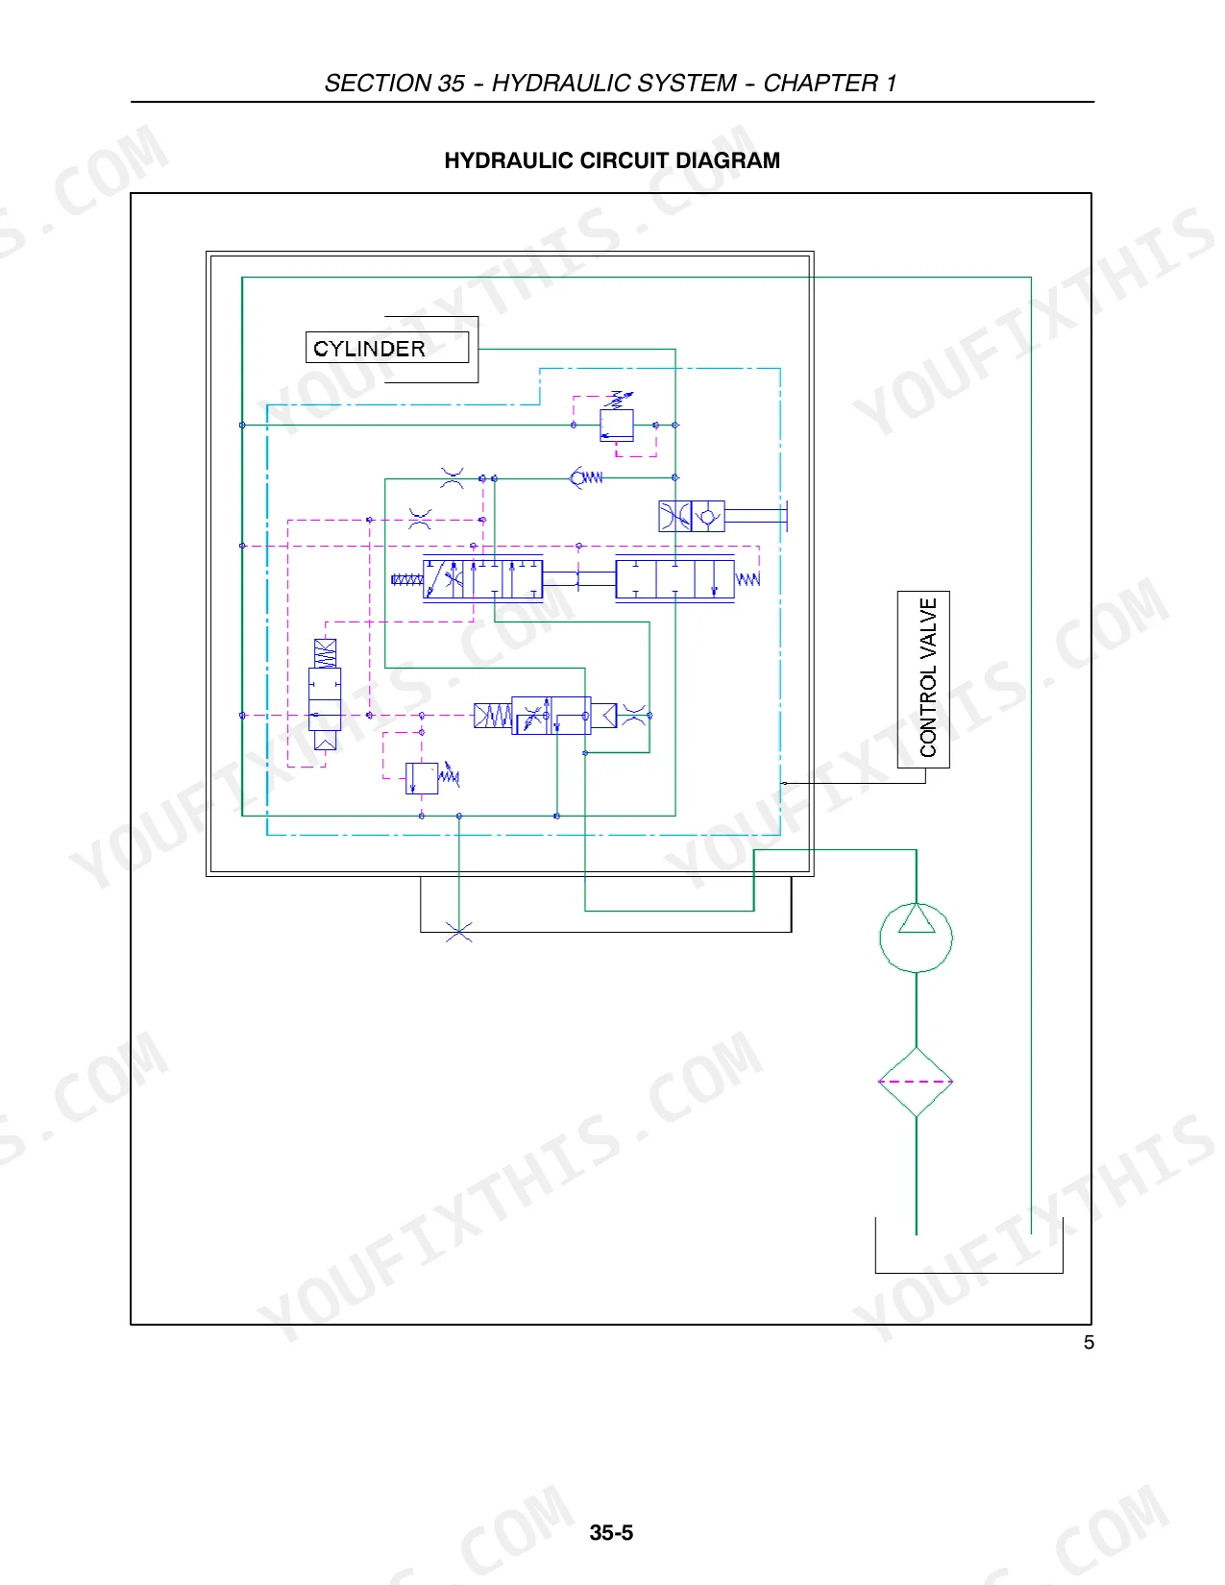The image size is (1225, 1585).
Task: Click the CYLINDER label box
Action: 386,347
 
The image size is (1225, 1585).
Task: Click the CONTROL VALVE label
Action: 927,677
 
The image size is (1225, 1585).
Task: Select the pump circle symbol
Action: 916,938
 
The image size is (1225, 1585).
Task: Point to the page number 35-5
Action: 611,1532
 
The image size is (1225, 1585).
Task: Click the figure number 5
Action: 1089,1343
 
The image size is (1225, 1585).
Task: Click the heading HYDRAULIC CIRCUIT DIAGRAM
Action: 612,160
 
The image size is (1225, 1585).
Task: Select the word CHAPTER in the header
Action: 821,84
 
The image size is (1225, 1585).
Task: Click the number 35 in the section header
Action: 451,84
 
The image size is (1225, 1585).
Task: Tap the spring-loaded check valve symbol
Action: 586,477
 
